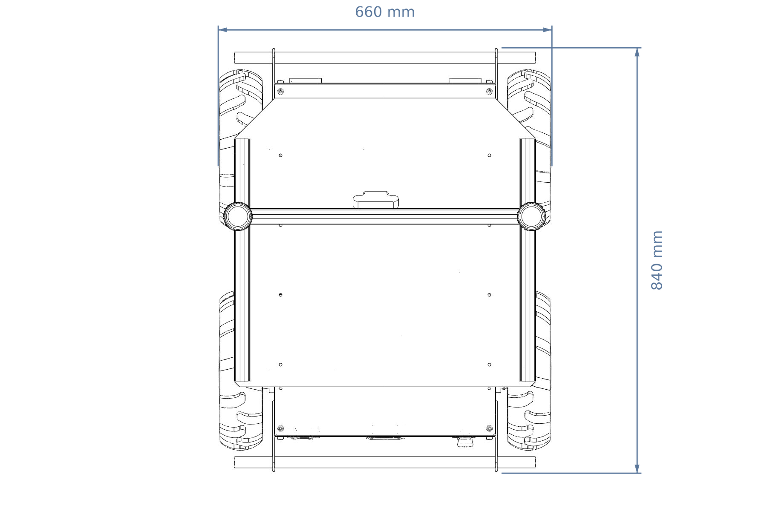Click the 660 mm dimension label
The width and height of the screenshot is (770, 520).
point(385,12)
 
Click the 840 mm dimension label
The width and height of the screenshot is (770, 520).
point(657,260)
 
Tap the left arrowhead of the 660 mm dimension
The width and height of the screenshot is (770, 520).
point(222,30)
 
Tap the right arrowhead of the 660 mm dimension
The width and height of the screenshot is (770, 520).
point(548,30)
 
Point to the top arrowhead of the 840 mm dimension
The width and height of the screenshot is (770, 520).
point(637,52)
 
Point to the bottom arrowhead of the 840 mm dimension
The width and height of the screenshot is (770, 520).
point(637,468)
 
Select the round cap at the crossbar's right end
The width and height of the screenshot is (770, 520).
point(531,216)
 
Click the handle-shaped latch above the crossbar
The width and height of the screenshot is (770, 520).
point(376,200)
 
